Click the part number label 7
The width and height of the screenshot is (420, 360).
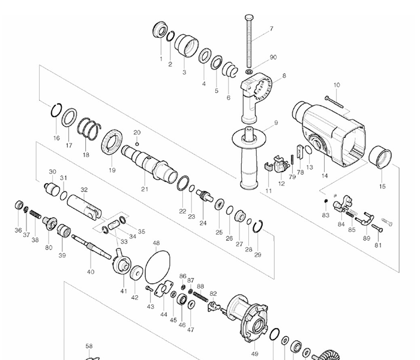click(271, 28)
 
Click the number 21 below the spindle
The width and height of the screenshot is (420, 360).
click(145, 189)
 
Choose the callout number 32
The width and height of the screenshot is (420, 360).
click(84, 190)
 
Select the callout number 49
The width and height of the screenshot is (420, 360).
click(254, 354)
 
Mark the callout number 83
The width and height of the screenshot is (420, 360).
click(326, 214)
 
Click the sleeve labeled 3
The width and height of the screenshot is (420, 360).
click(188, 45)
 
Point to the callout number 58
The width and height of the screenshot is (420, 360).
click(89, 346)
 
